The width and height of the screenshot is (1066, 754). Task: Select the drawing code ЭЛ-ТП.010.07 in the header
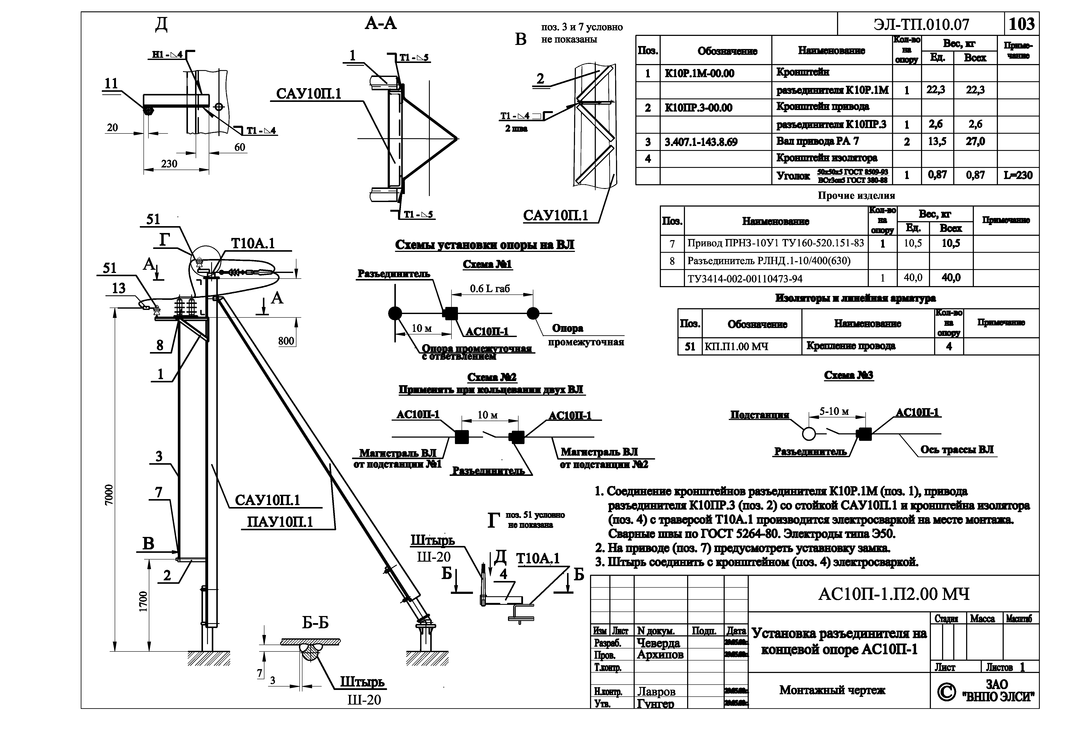point(921,24)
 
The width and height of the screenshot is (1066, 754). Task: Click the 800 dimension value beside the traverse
point(286,341)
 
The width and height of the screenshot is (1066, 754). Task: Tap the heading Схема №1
point(487,264)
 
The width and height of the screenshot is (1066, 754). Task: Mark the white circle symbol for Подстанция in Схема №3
point(809,434)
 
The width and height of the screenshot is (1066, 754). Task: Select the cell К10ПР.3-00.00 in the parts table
point(698,108)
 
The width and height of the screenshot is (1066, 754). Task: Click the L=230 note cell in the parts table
point(1018,176)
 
